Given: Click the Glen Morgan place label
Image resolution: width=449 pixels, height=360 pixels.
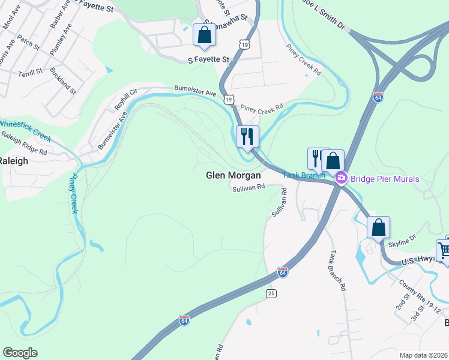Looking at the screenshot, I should tap(234, 176).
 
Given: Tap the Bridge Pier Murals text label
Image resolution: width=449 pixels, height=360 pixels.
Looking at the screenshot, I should tap(385, 178).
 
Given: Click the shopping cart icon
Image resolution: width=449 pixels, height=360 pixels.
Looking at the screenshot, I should tap(445, 250).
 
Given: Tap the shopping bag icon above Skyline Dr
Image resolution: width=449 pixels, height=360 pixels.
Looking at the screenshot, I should tap(378, 227).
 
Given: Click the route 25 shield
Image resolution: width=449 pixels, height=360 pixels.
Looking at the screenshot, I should tap(272, 293).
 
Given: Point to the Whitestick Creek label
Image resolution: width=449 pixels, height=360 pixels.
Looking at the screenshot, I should tap(25, 130).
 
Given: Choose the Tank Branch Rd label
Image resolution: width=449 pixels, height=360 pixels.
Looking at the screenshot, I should tap(337, 271).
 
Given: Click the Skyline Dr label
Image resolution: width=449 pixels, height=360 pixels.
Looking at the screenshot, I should tap(402, 240).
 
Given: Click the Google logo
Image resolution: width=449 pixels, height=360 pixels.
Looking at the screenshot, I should tap(20, 352).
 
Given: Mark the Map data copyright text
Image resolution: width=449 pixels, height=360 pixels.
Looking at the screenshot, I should tap(423, 355).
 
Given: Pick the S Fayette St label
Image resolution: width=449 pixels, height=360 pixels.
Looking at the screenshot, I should tap(209, 60).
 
